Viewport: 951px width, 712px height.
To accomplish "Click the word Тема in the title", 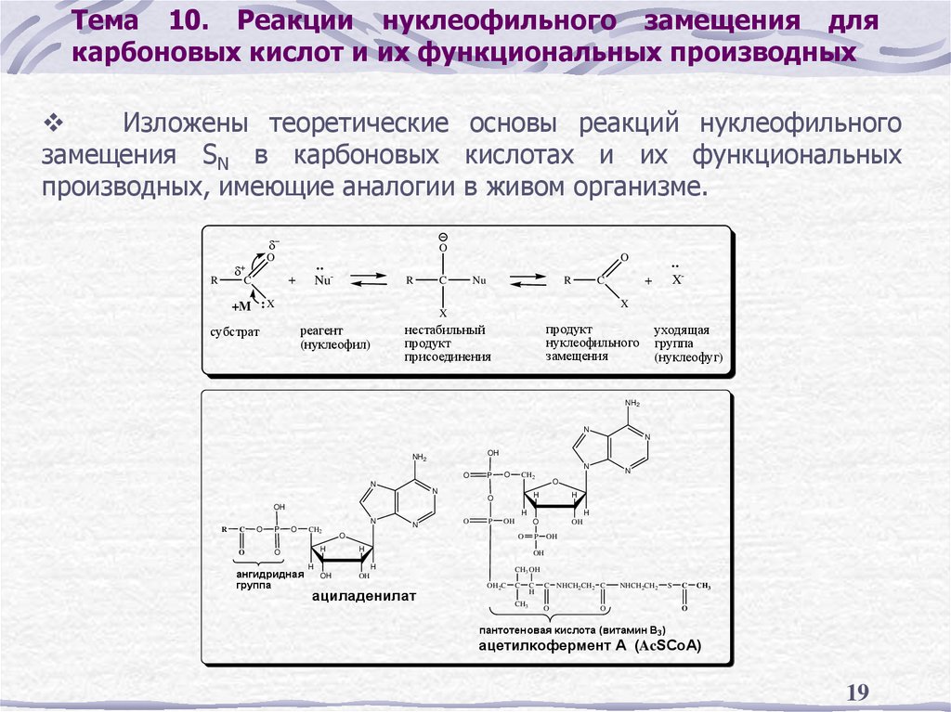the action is point(105,20).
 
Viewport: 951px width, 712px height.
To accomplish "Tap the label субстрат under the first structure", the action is point(235,330).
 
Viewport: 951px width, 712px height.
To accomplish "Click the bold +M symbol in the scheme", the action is point(241,305).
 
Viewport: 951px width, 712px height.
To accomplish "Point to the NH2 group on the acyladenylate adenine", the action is point(419,458).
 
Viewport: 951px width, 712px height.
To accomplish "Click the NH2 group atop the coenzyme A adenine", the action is point(633,403).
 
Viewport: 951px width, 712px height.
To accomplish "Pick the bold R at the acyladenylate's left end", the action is point(225,529).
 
